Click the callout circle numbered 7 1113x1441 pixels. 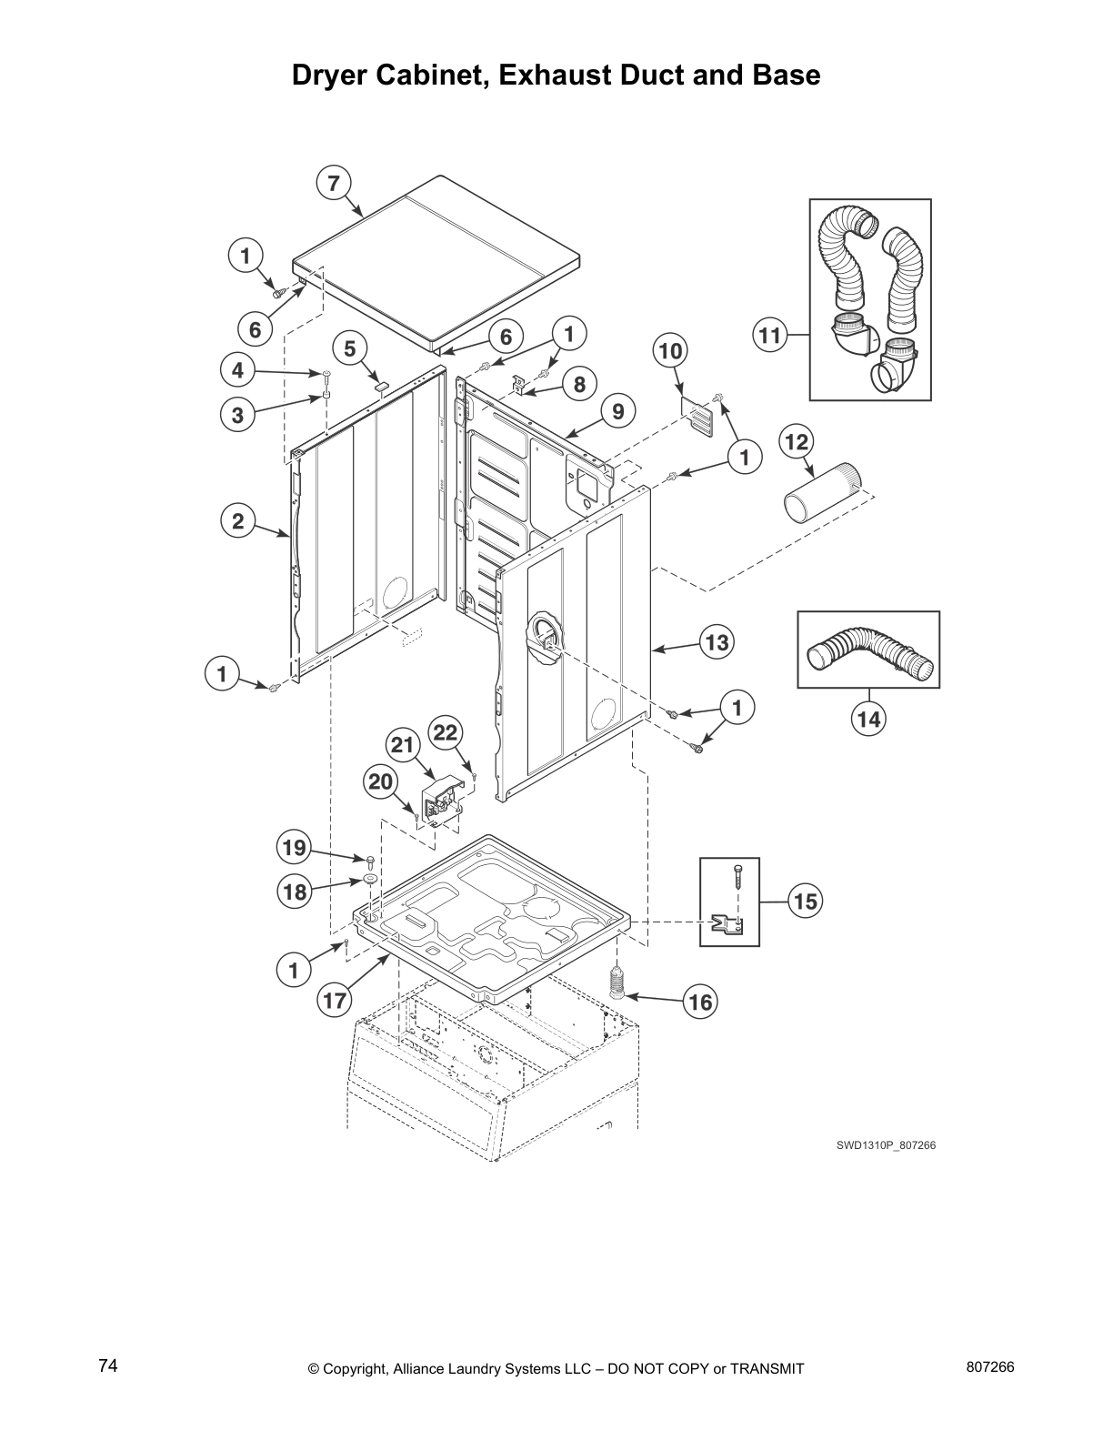point(333,184)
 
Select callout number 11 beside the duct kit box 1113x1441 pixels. point(769,336)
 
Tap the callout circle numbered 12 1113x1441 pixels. point(796,442)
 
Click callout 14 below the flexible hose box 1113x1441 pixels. point(868,719)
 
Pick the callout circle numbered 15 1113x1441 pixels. point(805,901)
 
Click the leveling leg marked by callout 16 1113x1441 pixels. point(618,983)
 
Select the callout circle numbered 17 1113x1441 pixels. point(334,1001)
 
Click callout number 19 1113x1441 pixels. point(294,849)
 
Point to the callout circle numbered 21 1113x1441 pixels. point(402,745)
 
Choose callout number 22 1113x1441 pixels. point(446,732)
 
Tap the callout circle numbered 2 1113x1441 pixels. point(237,521)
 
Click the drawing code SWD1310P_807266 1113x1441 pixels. point(886,1145)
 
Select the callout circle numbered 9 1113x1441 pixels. point(617,412)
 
